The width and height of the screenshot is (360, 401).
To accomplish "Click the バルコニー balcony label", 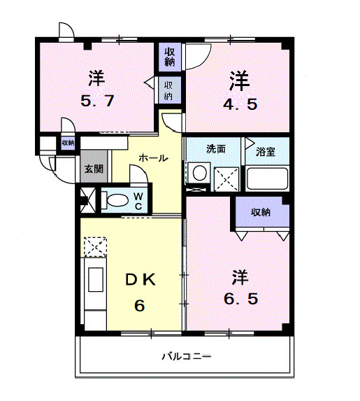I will click(x=187, y=356).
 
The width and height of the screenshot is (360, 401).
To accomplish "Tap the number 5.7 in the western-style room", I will click(x=96, y=100).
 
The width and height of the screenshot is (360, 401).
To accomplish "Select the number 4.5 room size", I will click(x=239, y=105).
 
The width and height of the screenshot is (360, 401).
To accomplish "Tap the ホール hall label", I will click(x=153, y=158).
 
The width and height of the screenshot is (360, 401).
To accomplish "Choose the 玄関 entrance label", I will click(x=94, y=169).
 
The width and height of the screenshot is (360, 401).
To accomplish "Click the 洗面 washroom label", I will click(x=215, y=148).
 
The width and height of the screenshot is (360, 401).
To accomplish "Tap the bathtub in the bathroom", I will click(x=266, y=178).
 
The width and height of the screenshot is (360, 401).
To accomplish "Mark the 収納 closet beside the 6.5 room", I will click(x=261, y=212).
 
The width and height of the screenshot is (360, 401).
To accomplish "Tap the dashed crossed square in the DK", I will click(x=94, y=247).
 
